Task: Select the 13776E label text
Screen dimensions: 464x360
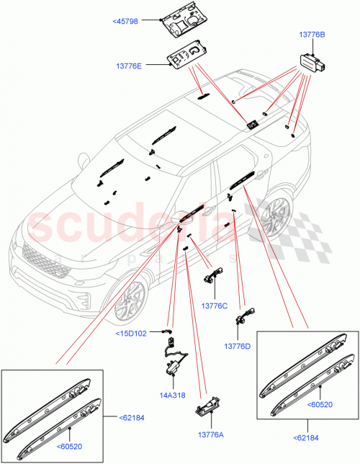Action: [x=144, y=65]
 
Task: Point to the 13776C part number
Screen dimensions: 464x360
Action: [x=214, y=305]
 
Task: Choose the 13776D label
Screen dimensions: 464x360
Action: [x=237, y=347]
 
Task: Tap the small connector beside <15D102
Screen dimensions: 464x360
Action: [x=170, y=333]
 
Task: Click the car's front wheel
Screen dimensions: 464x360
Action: [x=131, y=295]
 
